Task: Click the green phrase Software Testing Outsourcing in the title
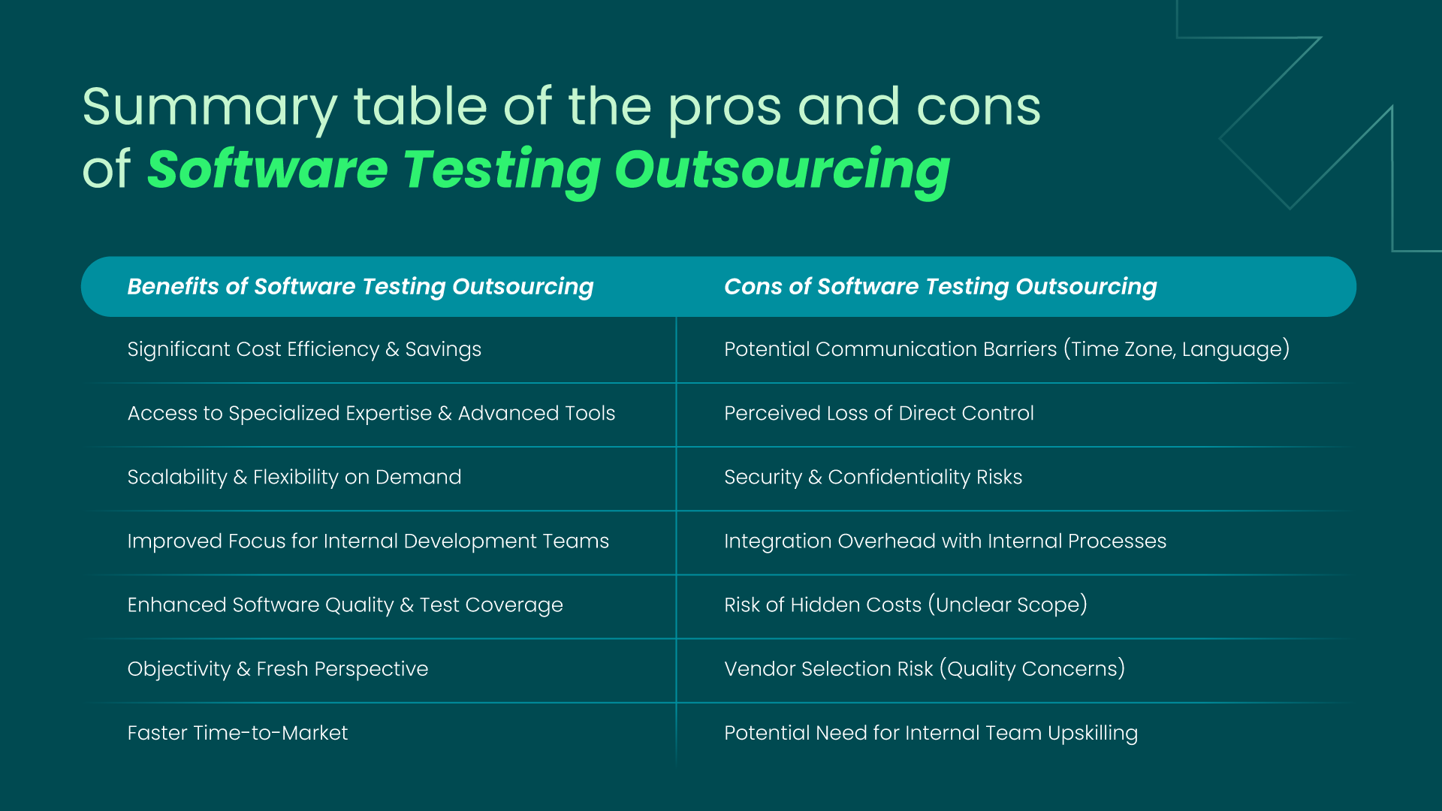(548, 170)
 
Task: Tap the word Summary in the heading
(210, 107)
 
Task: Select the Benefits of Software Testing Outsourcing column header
(360, 286)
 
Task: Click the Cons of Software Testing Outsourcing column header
(940, 286)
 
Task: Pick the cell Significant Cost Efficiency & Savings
(304, 349)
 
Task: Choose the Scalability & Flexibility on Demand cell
(294, 477)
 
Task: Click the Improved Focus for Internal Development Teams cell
(368, 541)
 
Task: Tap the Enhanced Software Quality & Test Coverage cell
(345, 604)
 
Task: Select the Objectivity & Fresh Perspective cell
(277, 668)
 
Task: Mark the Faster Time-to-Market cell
(237, 732)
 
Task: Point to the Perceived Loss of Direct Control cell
(879, 413)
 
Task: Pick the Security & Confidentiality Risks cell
(873, 477)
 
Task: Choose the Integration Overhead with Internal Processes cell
(945, 541)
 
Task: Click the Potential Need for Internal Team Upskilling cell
(931, 732)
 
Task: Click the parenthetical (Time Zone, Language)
(1176, 349)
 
